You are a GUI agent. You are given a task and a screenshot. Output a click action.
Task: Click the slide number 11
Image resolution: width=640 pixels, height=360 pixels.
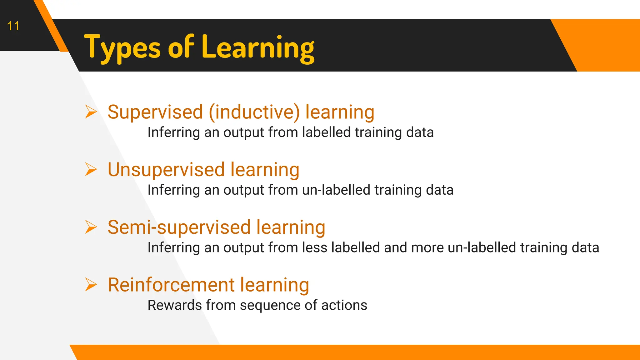(x=13, y=26)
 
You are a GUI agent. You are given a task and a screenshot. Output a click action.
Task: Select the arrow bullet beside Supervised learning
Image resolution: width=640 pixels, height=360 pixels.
(x=91, y=112)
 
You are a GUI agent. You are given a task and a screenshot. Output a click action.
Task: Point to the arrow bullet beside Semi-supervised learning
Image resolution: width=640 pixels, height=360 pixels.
(x=91, y=227)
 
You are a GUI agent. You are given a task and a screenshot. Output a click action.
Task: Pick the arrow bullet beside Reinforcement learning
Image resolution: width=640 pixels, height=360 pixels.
(x=91, y=284)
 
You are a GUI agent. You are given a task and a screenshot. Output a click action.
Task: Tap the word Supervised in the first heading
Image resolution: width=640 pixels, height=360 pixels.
(x=155, y=112)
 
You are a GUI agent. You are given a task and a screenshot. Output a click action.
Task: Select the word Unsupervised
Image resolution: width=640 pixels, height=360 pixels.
(x=166, y=170)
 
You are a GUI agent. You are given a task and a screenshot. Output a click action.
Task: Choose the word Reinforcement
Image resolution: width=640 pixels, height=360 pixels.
(x=171, y=285)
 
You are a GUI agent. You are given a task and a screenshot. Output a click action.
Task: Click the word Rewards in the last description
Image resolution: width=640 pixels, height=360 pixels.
(x=174, y=305)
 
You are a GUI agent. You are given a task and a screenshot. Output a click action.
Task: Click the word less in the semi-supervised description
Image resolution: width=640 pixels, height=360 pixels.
(x=315, y=247)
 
